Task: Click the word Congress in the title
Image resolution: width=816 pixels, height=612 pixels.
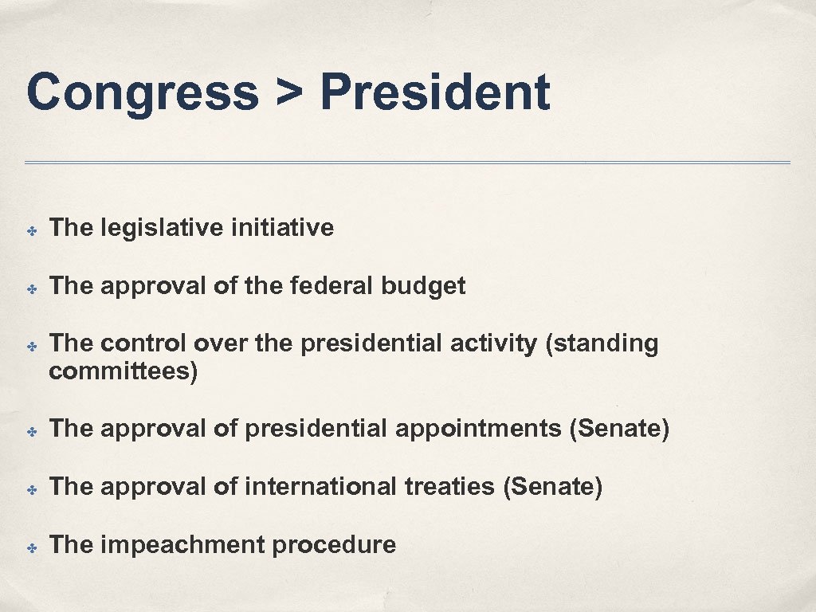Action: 142,92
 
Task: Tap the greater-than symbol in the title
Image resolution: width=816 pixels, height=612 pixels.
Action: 289,94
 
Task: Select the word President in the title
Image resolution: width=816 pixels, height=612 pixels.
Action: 435,92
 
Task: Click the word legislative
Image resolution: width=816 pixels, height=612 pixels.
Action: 162,228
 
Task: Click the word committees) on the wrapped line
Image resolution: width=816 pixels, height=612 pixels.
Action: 123,371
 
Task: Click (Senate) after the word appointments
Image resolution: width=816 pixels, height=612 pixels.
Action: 619,429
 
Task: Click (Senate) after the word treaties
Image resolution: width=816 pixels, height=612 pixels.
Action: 552,486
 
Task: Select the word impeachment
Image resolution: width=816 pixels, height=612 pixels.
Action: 182,545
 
